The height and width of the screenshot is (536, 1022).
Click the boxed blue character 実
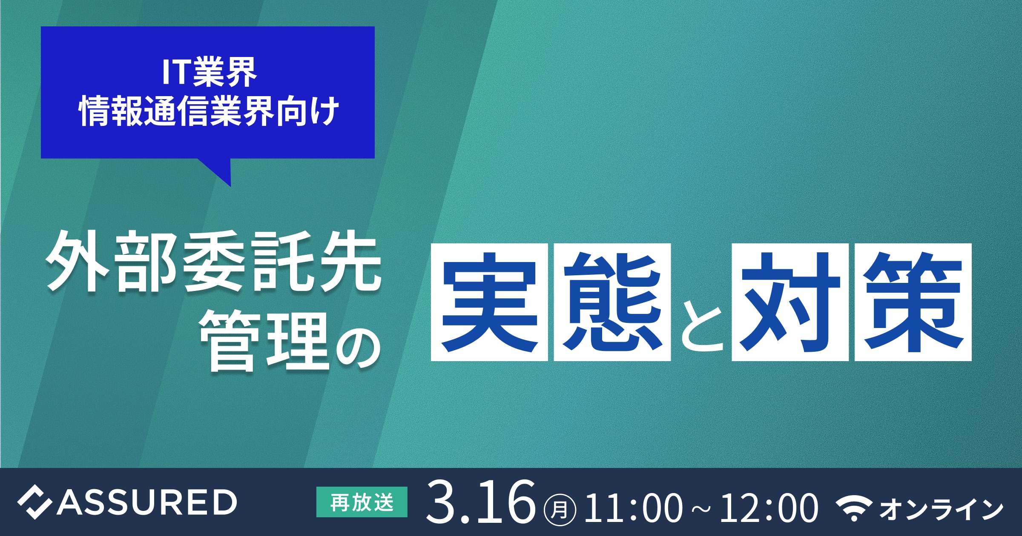(489, 302)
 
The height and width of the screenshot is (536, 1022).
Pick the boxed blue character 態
(612, 302)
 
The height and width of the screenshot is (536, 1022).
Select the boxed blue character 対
(790, 302)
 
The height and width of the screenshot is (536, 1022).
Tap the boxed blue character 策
(913, 302)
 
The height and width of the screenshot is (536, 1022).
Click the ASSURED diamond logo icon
(35, 502)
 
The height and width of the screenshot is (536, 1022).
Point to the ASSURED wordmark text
(147, 502)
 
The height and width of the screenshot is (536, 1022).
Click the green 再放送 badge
(362, 502)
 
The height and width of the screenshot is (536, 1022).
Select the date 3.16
(481, 502)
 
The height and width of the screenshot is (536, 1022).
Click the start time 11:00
(634, 507)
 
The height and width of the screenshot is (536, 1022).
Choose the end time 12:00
(769, 507)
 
